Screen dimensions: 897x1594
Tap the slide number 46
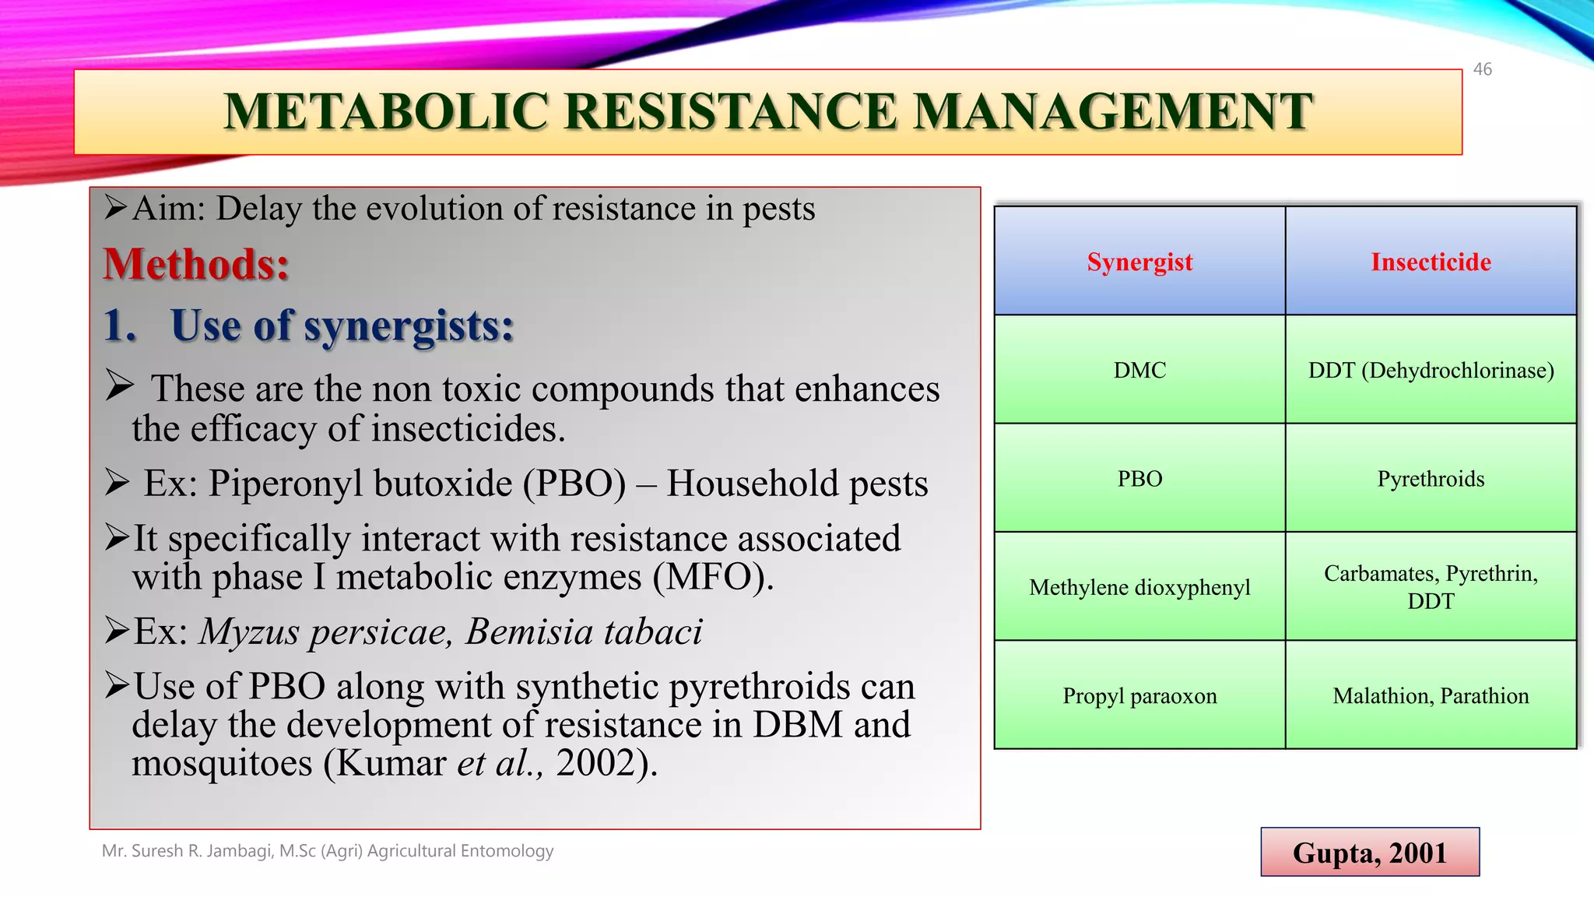point(1482,69)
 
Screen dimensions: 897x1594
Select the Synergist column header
point(1139,262)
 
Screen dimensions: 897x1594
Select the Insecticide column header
point(1431,262)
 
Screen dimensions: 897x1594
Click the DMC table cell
point(1139,370)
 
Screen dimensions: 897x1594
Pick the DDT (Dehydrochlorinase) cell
point(1431,370)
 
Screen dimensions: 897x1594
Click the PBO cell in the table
point(1139,478)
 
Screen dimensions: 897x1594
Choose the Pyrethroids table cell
point(1431,478)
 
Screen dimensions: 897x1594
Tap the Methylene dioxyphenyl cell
point(1139,587)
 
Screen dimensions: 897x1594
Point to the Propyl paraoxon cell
point(1139,695)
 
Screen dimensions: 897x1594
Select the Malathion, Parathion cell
point(1431,695)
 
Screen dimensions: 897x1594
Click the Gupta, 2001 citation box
point(1369,853)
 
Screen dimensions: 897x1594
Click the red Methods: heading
point(196,265)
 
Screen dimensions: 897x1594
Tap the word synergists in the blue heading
point(408,325)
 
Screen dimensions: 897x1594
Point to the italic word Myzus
point(249,631)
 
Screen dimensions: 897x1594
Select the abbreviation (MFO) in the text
point(712,577)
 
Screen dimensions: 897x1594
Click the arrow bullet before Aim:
point(116,208)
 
